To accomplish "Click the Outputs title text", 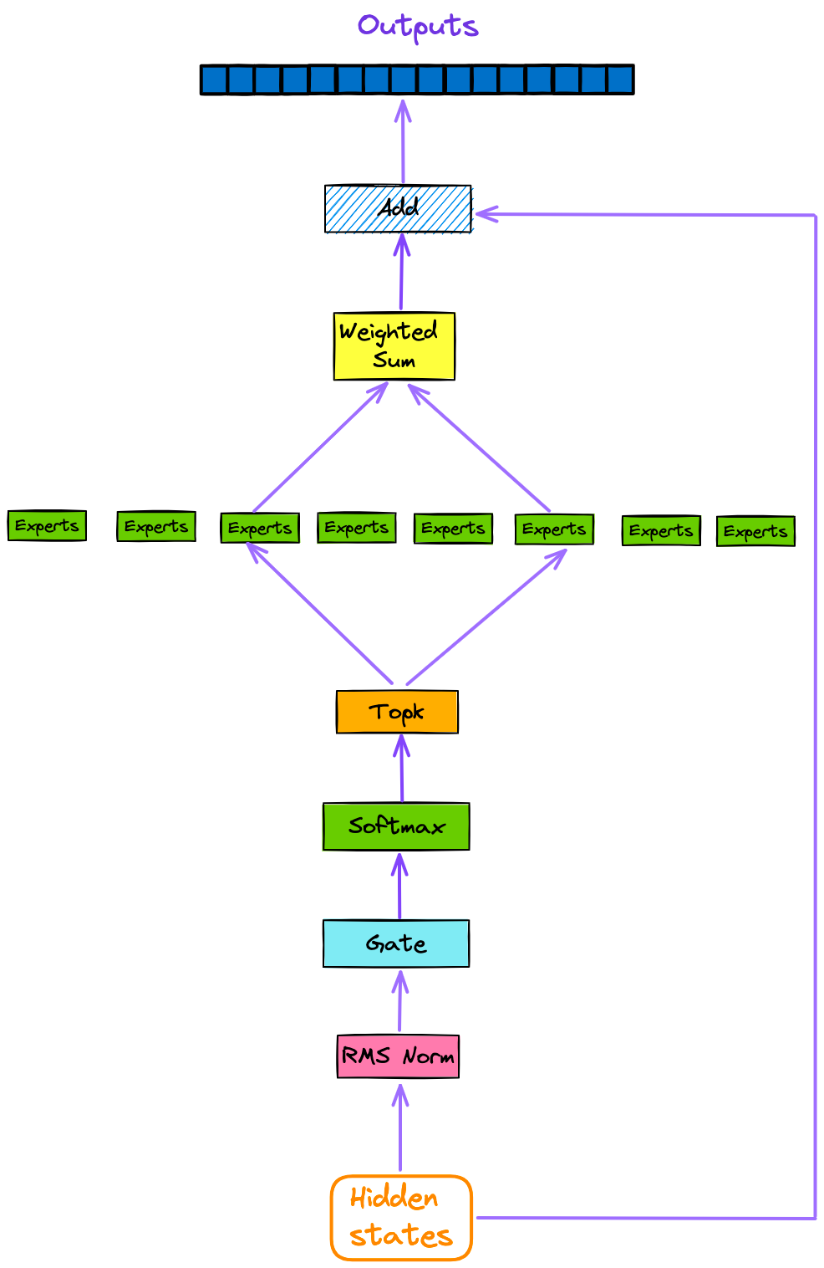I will click(418, 26).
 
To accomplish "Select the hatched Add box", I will click(398, 208).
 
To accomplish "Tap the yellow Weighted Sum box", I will click(394, 346).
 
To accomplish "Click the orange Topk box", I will click(397, 712).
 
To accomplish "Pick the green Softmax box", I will click(396, 826).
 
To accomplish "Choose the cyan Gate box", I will click(396, 943).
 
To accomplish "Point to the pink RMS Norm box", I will click(398, 1056).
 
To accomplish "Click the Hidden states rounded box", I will click(401, 1218).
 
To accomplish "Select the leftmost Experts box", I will click(47, 526).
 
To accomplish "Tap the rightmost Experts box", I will click(755, 531).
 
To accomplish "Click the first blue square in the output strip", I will click(215, 80).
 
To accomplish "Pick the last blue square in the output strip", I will click(619, 80).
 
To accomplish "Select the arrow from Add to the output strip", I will click(403, 142).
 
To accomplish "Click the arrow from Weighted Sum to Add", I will click(401, 273).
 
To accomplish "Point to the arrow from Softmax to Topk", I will click(401, 769).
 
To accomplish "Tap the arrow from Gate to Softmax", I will click(399, 887).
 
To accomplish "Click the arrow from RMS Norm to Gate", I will click(400, 1001).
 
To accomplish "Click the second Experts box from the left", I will click(156, 527).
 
